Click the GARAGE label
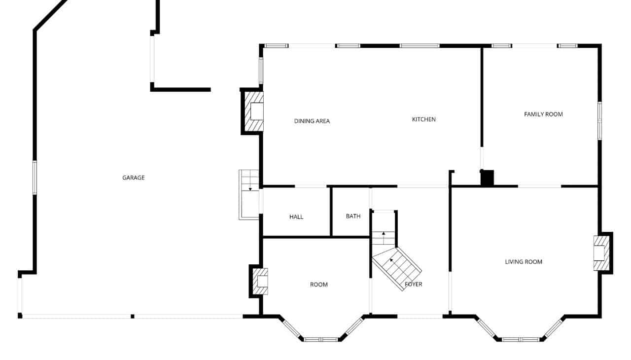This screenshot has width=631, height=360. click(x=133, y=178)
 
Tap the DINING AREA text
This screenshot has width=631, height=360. click(x=312, y=121)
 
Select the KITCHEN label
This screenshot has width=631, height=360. click(x=423, y=119)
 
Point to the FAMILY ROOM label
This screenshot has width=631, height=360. click(x=543, y=114)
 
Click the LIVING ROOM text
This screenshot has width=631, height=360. click(x=524, y=262)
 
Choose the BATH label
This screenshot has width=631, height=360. click(x=353, y=216)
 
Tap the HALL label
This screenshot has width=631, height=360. click(x=296, y=217)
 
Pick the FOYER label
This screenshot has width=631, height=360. click(x=413, y=285)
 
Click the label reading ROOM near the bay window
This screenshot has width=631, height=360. click(x=318, y=285)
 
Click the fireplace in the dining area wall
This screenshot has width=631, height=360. click(x=253, y=111)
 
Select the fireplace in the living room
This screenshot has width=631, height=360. click(x=603, y=253)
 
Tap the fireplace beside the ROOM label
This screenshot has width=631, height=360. click(x=259, y=281)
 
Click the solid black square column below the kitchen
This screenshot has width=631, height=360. click(x=487, y=178)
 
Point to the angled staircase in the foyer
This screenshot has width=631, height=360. click(x=397, y=269)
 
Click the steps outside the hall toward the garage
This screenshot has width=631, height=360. click(x=249, y=194)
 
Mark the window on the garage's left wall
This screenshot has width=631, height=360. click(x=35, y=178)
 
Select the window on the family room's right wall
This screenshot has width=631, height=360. click(x=599, y=120)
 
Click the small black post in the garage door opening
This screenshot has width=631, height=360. click(x=133, y=316)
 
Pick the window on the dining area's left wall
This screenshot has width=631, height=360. click(x=261, y=71)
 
